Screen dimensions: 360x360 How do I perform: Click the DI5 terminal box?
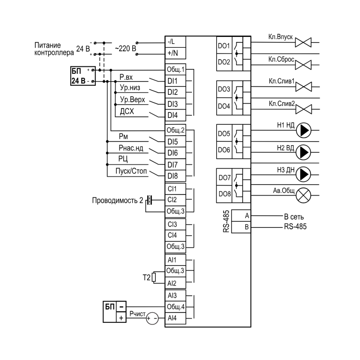(175, 142)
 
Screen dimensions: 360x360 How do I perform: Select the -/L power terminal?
(175, 42)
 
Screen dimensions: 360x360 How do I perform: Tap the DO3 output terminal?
(224, 89)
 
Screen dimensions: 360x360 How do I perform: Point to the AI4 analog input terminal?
(175, 318)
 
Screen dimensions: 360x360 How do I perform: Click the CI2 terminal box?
(175, 200)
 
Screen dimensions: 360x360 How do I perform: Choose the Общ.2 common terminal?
(175, 130)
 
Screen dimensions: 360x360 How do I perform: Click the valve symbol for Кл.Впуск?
(303, 43)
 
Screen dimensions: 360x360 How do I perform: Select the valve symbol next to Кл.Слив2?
(303, 109)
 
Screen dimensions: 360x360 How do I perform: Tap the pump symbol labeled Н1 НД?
(303, 130)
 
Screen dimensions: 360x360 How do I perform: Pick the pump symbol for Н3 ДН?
(303, 174)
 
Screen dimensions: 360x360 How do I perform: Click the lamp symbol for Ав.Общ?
(303, 195)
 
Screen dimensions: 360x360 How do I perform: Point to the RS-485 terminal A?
(241, 216)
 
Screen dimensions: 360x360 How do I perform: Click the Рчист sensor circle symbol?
(152, 319)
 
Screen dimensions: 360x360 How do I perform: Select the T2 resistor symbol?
(154, 277)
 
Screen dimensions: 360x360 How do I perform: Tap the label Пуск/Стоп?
(131, 171)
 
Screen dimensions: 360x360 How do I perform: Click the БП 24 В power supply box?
(83, 76)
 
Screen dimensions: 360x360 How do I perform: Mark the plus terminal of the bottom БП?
(121, 317)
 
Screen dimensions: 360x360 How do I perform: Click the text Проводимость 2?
(117, 200)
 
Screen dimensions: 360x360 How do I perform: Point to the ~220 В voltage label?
(126, 49)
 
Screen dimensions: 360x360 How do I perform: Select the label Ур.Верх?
(133, 99)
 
